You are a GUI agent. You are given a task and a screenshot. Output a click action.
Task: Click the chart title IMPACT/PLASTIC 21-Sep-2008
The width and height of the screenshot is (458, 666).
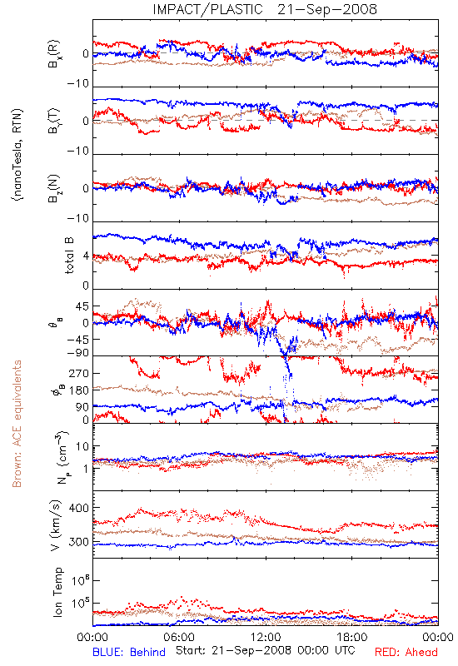(x=265, y=9)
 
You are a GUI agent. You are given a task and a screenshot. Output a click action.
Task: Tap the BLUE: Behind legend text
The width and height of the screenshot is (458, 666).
(x=129, y=652)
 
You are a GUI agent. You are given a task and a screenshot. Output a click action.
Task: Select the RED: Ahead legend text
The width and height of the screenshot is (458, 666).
(x=406, y=652)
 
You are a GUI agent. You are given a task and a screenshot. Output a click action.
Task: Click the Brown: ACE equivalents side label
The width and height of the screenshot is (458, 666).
(x=17, y=424)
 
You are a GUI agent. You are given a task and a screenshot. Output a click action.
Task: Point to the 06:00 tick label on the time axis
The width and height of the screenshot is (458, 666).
(x=179, y=637)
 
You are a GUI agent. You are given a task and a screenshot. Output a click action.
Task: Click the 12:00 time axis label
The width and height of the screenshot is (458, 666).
(x=266, y=637)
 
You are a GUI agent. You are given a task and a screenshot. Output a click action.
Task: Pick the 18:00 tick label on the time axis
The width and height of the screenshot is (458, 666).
(x=352, y=637)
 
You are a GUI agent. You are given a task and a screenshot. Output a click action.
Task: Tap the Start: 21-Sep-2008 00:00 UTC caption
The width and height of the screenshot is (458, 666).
(x=265, y=650)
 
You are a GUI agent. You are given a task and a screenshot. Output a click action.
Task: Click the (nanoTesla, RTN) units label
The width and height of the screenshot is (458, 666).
(x=17, y=155)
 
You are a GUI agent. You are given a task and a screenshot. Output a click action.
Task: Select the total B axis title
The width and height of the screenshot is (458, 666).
(x=69, y=256)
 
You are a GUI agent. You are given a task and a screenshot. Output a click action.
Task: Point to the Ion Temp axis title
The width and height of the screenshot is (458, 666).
(x=57, y=592)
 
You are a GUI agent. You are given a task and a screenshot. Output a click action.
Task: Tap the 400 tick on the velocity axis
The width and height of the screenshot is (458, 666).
(x=78, y=508)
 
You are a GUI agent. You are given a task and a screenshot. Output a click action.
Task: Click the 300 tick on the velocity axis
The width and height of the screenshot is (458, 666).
(x=78, y=542)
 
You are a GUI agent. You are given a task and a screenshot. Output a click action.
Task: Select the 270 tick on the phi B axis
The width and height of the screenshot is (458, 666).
(x=78, y=373)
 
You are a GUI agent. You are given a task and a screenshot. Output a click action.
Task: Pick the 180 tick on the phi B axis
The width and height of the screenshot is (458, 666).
(x=78, y=390)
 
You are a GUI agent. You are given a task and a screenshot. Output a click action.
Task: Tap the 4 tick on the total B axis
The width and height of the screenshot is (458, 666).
(x=86, y=256)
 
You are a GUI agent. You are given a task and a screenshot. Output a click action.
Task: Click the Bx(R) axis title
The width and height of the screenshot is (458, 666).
(x=54, y=54)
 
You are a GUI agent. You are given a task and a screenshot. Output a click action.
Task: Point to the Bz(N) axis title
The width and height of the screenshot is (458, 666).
(x=54, y=188)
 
